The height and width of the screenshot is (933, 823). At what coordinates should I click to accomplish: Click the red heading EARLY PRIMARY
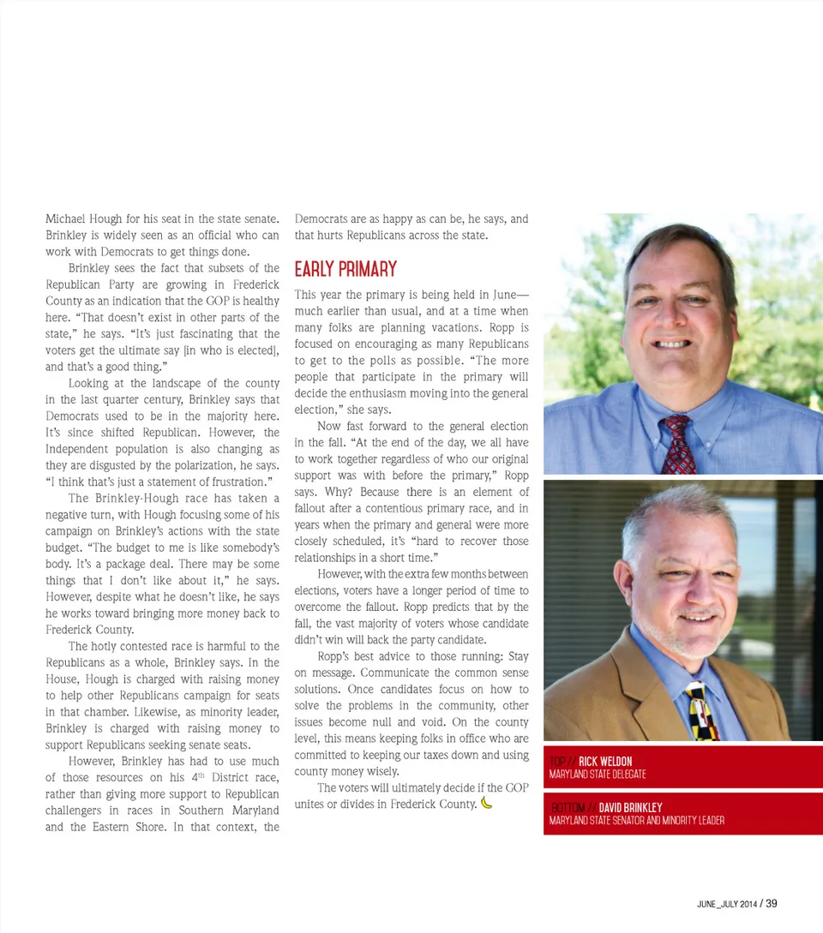[345, 270]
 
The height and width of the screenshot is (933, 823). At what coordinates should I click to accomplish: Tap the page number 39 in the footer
[772, 903]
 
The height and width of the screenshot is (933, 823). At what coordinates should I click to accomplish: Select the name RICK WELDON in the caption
[605, 762]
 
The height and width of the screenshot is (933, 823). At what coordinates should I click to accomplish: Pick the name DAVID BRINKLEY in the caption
[630, 808]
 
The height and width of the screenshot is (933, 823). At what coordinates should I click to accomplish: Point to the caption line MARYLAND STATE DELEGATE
[598, 775]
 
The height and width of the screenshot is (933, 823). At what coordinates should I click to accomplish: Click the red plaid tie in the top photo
[678, 445]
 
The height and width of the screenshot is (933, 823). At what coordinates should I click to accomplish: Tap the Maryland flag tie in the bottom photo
[702, 712]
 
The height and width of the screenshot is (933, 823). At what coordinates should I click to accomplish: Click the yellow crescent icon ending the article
[487, 803]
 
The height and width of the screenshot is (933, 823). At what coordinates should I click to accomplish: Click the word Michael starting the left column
[65, 219]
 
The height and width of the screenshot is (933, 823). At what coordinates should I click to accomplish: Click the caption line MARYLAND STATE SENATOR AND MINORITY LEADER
[636, 821]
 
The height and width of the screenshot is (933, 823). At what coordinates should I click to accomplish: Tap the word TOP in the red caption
[558, 762]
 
